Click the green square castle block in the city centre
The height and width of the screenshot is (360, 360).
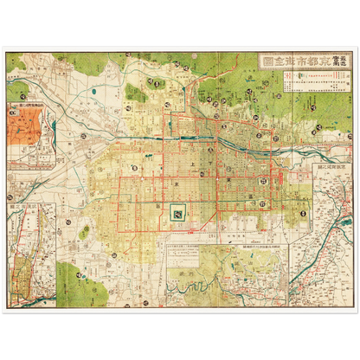coord(177,210)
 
